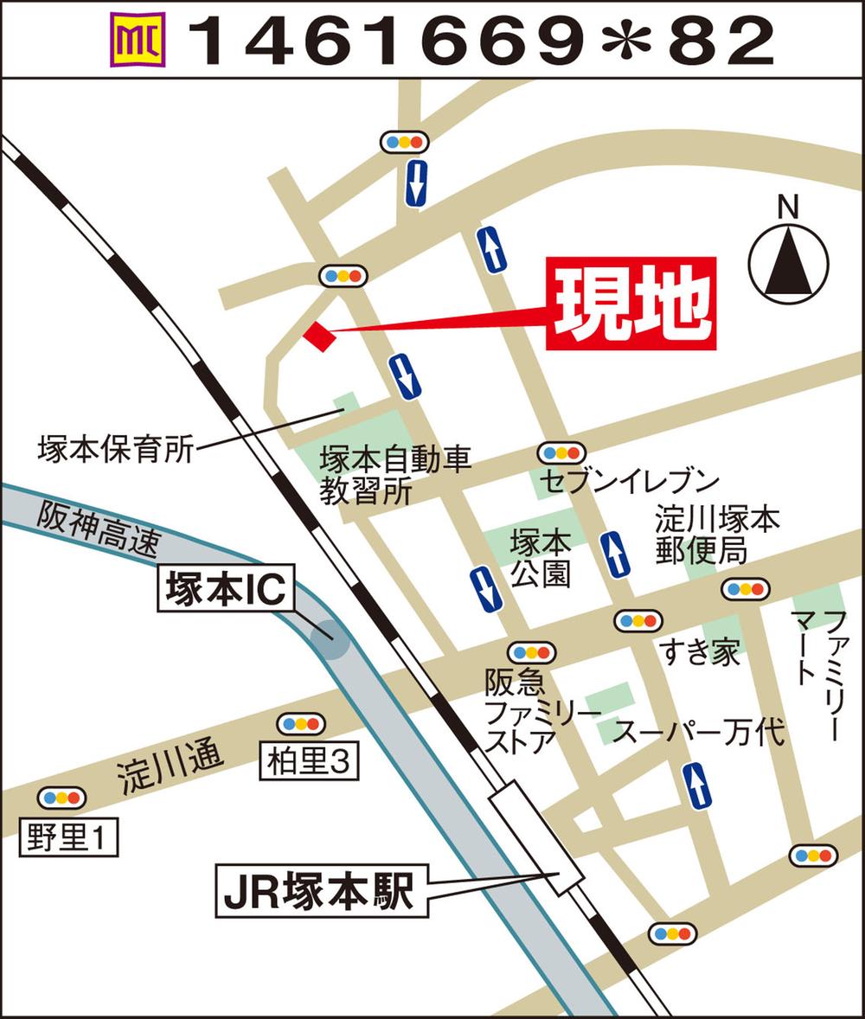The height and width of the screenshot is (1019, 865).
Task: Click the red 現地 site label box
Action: click(x=631, y=303)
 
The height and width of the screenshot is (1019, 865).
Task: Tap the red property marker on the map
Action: click(x=318, y=336)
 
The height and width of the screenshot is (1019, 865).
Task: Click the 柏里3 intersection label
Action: click(x=308, y=760)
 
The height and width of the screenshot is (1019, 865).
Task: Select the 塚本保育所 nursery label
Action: click(x=115, y=450)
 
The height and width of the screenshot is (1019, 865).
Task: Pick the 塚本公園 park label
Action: click(x=541, y=558)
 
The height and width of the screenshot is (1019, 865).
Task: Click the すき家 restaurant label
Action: click(x=701, y=652)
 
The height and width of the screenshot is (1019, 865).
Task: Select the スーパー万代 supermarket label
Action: click(x=699, y=734)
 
